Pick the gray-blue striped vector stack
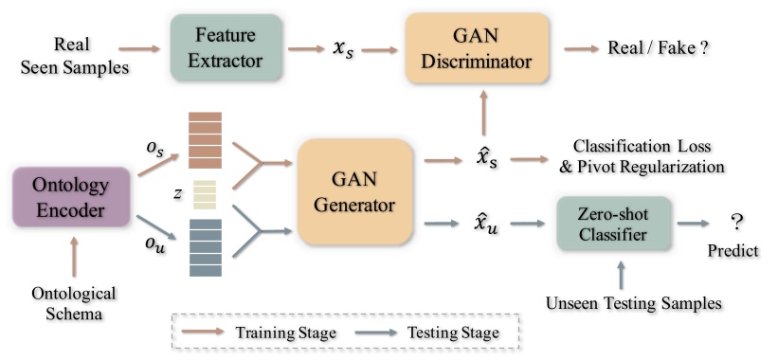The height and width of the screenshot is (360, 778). tap(206, 246)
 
